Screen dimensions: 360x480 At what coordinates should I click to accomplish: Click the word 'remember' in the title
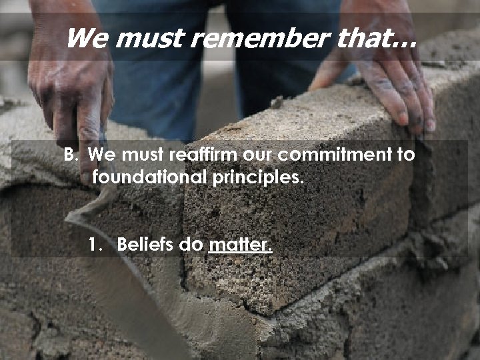point(259,38)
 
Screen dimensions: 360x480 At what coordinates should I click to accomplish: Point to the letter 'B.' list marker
point(71,155)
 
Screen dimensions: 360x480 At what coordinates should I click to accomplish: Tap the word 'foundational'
point(150,177)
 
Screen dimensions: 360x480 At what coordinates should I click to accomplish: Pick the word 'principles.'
point(258,177)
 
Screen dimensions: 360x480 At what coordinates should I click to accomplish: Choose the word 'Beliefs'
point(145,245)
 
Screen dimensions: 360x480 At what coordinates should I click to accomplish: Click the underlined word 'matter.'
point(240,245)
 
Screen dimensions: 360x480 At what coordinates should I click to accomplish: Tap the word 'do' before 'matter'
point(191,245)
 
